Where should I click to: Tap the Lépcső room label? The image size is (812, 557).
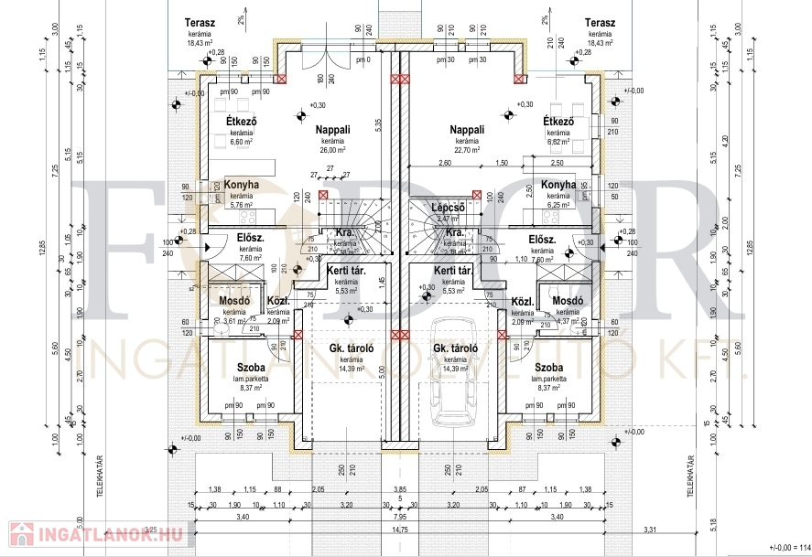tap(449, 207)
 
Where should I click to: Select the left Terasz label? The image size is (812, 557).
tap(199, 23)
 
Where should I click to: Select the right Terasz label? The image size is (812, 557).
tap(599, 23)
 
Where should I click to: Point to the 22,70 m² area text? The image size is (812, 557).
tap(466, 150)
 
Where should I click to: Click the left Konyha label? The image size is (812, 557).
tap(242, 185)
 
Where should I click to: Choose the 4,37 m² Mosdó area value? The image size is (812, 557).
tap(568, 319)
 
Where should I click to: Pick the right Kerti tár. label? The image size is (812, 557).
tap(452, 272)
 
